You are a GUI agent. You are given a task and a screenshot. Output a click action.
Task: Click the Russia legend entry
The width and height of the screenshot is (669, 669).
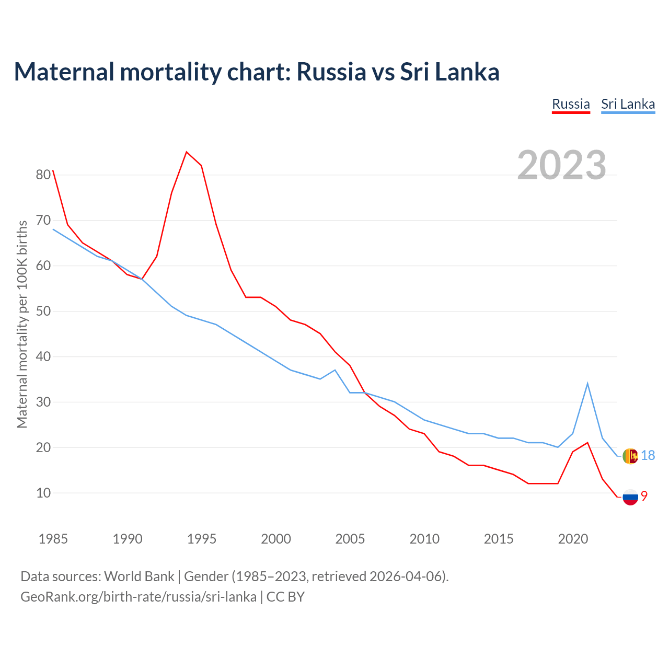pos(571,104)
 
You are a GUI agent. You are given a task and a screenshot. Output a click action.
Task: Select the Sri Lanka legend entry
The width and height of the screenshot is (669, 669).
pos(628,104)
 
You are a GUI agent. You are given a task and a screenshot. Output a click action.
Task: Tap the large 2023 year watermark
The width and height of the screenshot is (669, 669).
pos(562,165)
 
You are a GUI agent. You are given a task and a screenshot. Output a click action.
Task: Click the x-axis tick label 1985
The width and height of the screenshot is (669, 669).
pos(53,539)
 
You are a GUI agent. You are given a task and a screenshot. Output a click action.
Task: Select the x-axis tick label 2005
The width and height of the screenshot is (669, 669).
pos(350,539)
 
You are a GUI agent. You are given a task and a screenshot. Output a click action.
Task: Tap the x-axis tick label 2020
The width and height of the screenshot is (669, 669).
pos(573,539)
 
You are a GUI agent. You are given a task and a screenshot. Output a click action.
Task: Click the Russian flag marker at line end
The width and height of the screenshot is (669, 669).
pos(630,497)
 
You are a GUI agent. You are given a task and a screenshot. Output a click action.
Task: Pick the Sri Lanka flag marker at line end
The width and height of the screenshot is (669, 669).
pos(630,456)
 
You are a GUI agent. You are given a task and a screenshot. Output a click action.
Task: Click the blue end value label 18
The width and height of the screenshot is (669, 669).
pos(648,456)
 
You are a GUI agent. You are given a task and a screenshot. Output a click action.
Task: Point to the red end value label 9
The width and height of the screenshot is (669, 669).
pos(644,496)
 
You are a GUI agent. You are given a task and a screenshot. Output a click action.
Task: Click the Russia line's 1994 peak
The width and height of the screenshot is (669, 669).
pos(187,152)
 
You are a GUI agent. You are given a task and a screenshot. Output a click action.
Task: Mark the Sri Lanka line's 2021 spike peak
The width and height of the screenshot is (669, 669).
pos(587,383)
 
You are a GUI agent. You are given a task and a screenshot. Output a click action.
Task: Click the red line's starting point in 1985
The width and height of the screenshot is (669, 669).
pos(53,171)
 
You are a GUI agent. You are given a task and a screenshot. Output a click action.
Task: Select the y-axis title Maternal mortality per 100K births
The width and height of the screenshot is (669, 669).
pos(22,324)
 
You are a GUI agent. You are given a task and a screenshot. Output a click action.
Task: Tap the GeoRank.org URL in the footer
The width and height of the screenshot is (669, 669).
pos(139,596)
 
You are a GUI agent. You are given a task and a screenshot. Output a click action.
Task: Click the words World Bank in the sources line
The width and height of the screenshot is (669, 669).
pos(139,576)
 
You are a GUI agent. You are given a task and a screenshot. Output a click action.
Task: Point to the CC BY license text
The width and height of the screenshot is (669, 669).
pos(285,596)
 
